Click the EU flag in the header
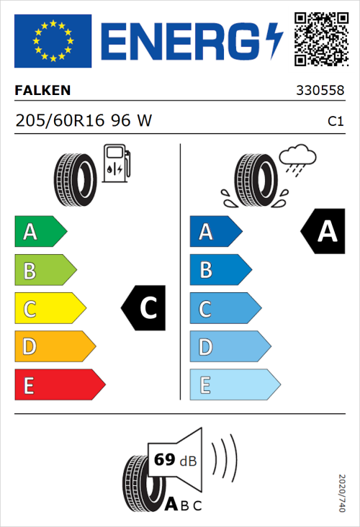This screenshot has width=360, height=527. click(x=53, y=41)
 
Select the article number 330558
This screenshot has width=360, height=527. click(x=320, y=91)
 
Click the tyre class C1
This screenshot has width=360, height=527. click(x=335, y=122)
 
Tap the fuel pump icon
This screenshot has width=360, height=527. click(x=116, y=163)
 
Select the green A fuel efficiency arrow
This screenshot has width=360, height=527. click(x=40, y=232)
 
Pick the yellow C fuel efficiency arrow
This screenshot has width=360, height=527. click(x=49, y=309)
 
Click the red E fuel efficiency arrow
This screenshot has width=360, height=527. click(x=59, y=385)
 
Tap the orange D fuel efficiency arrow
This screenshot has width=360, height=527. click(x=54, y=347)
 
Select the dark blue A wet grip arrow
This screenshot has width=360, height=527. click(x=215, y=232)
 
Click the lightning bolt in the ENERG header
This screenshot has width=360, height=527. click(x=274, y=41)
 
